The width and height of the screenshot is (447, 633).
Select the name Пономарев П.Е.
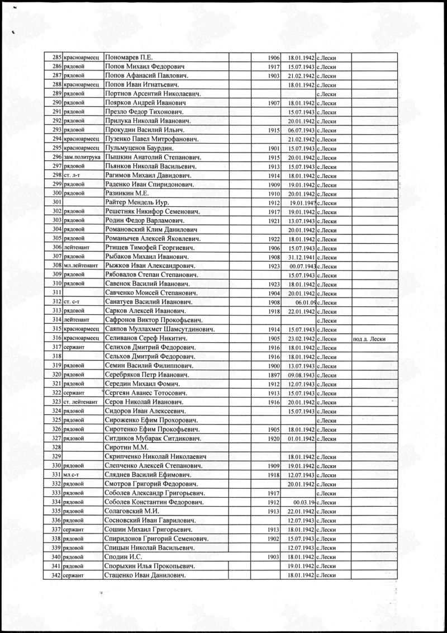129,57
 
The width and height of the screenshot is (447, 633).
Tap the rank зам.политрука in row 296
82,158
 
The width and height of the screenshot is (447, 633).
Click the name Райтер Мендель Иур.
137,202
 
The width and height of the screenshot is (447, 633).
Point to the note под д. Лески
369,339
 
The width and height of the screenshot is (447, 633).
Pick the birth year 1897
273,375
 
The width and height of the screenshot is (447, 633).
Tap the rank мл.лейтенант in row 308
82,266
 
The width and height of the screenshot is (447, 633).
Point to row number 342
56,575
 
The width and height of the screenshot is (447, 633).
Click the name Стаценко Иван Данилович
145,575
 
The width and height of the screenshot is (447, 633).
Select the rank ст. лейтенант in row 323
82,402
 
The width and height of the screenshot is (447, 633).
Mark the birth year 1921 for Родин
273,220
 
